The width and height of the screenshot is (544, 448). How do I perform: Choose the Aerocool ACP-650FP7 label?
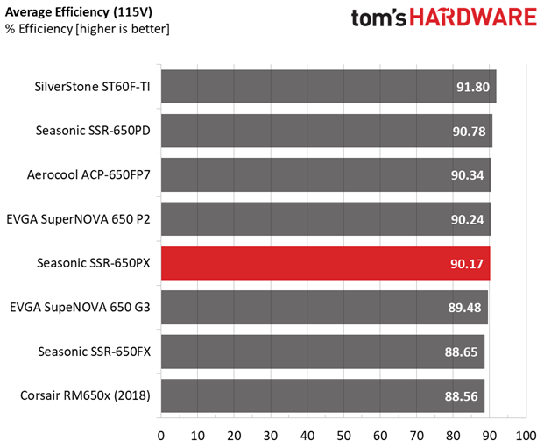tap(88, 175)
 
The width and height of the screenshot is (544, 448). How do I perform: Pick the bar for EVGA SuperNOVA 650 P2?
tap(325, 219)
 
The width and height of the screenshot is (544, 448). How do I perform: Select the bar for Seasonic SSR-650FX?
tap(321, 352)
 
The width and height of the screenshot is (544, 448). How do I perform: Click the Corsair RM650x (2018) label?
tap(85, 395)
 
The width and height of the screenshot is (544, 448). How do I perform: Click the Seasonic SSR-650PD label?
tap(93, 132)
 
